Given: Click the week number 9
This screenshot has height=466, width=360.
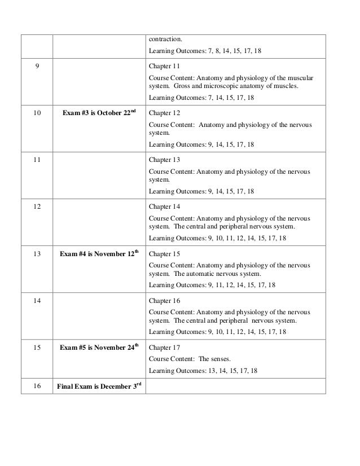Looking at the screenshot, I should pos(37,66).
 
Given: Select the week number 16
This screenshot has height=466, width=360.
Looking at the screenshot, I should pos(37,386).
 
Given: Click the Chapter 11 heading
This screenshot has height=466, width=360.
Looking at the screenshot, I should pos(164,66).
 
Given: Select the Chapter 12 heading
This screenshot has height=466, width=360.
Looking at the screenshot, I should pos(164,113).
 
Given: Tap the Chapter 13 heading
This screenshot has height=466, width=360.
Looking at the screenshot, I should pos(164,160).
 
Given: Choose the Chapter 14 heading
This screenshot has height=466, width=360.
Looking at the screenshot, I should pos(164,206).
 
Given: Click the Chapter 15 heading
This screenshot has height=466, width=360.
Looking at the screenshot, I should pos(164,254).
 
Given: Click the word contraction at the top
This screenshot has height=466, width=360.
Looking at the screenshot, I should pos(166,39).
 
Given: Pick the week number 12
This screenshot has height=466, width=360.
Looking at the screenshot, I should pos(37,206).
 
